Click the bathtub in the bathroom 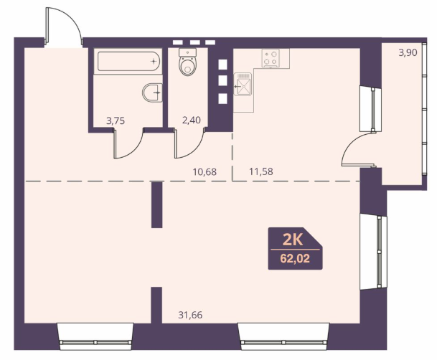128,61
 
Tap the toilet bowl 187,62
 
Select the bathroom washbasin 152,93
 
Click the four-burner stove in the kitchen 271,59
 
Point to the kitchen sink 243,84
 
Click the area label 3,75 116,120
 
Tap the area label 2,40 191,120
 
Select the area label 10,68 205,172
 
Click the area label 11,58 261,171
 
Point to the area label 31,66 190,315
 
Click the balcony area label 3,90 408,52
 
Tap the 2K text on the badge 293,240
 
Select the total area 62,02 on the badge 295,259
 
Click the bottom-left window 95,336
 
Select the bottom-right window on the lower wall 283,336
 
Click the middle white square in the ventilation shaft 222,81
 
